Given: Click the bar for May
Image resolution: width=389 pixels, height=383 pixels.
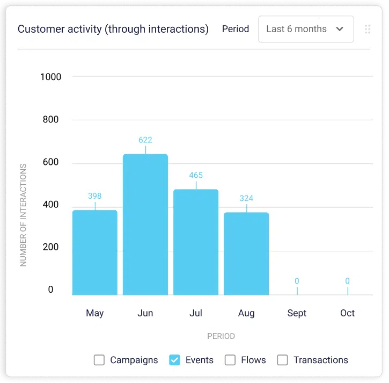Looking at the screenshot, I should tap(95, 252).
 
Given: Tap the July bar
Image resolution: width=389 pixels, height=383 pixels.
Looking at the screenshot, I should tap(196, 242).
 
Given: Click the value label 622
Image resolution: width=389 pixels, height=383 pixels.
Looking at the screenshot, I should tap(145, 140).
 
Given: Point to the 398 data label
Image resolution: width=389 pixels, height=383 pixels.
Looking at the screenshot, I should tap(95, 196).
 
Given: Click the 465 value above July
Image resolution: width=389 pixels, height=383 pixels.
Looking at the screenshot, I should tap(196, 175).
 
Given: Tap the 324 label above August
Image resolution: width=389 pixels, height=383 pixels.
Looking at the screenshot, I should tap(246, 198).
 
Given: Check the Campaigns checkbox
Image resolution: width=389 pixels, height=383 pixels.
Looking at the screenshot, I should tap(99, 360).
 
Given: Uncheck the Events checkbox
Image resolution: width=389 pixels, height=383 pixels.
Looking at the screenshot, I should tap(174, 360).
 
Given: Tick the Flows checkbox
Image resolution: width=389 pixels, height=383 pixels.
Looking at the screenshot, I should tap(230, 360).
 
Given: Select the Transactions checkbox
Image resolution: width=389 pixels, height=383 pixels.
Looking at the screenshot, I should tap(283, 360).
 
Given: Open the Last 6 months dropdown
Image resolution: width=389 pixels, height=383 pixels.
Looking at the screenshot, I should tap(306, 29).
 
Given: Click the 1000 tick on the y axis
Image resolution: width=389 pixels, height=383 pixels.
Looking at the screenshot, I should tap(51, 77).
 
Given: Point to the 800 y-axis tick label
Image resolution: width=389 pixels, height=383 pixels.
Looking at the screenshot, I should tap(51, 120).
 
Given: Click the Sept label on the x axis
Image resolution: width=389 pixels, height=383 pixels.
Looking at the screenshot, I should tap(297, 313).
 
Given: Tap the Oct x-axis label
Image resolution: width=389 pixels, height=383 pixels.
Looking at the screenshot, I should tap(347, 313).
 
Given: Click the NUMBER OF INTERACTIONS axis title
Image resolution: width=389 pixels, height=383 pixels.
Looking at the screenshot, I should tap(24, 215).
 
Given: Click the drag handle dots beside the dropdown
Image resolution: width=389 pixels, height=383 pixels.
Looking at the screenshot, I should tap(368, 29).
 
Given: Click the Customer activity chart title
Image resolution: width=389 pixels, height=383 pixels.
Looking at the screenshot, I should tap(113, 29).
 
